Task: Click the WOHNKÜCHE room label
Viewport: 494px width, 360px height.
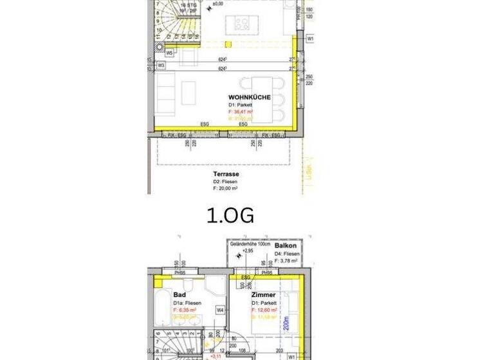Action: tap(249, 97)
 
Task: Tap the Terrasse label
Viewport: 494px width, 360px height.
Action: tap(226, 174)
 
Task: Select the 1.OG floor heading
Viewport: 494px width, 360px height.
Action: tap(230, 215)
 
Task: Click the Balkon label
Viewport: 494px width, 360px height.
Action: tap(285, 246)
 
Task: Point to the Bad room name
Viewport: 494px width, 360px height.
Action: tap(179, 294)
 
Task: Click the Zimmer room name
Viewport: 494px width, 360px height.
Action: tap(263, 294)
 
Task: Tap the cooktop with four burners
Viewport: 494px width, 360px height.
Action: tap(242, 24)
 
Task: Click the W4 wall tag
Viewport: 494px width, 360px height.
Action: tap(220, 309)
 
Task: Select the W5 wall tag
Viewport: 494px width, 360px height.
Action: tap(169, 53)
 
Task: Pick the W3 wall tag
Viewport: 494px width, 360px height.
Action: tap(161, 65)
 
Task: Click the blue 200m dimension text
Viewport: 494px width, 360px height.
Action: tap(286, 321)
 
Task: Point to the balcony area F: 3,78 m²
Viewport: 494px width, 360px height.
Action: tap(286, 261)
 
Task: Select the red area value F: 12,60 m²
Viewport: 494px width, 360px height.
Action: tap(264, 309)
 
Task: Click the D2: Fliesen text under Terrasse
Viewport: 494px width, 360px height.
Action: tap(225, 182)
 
